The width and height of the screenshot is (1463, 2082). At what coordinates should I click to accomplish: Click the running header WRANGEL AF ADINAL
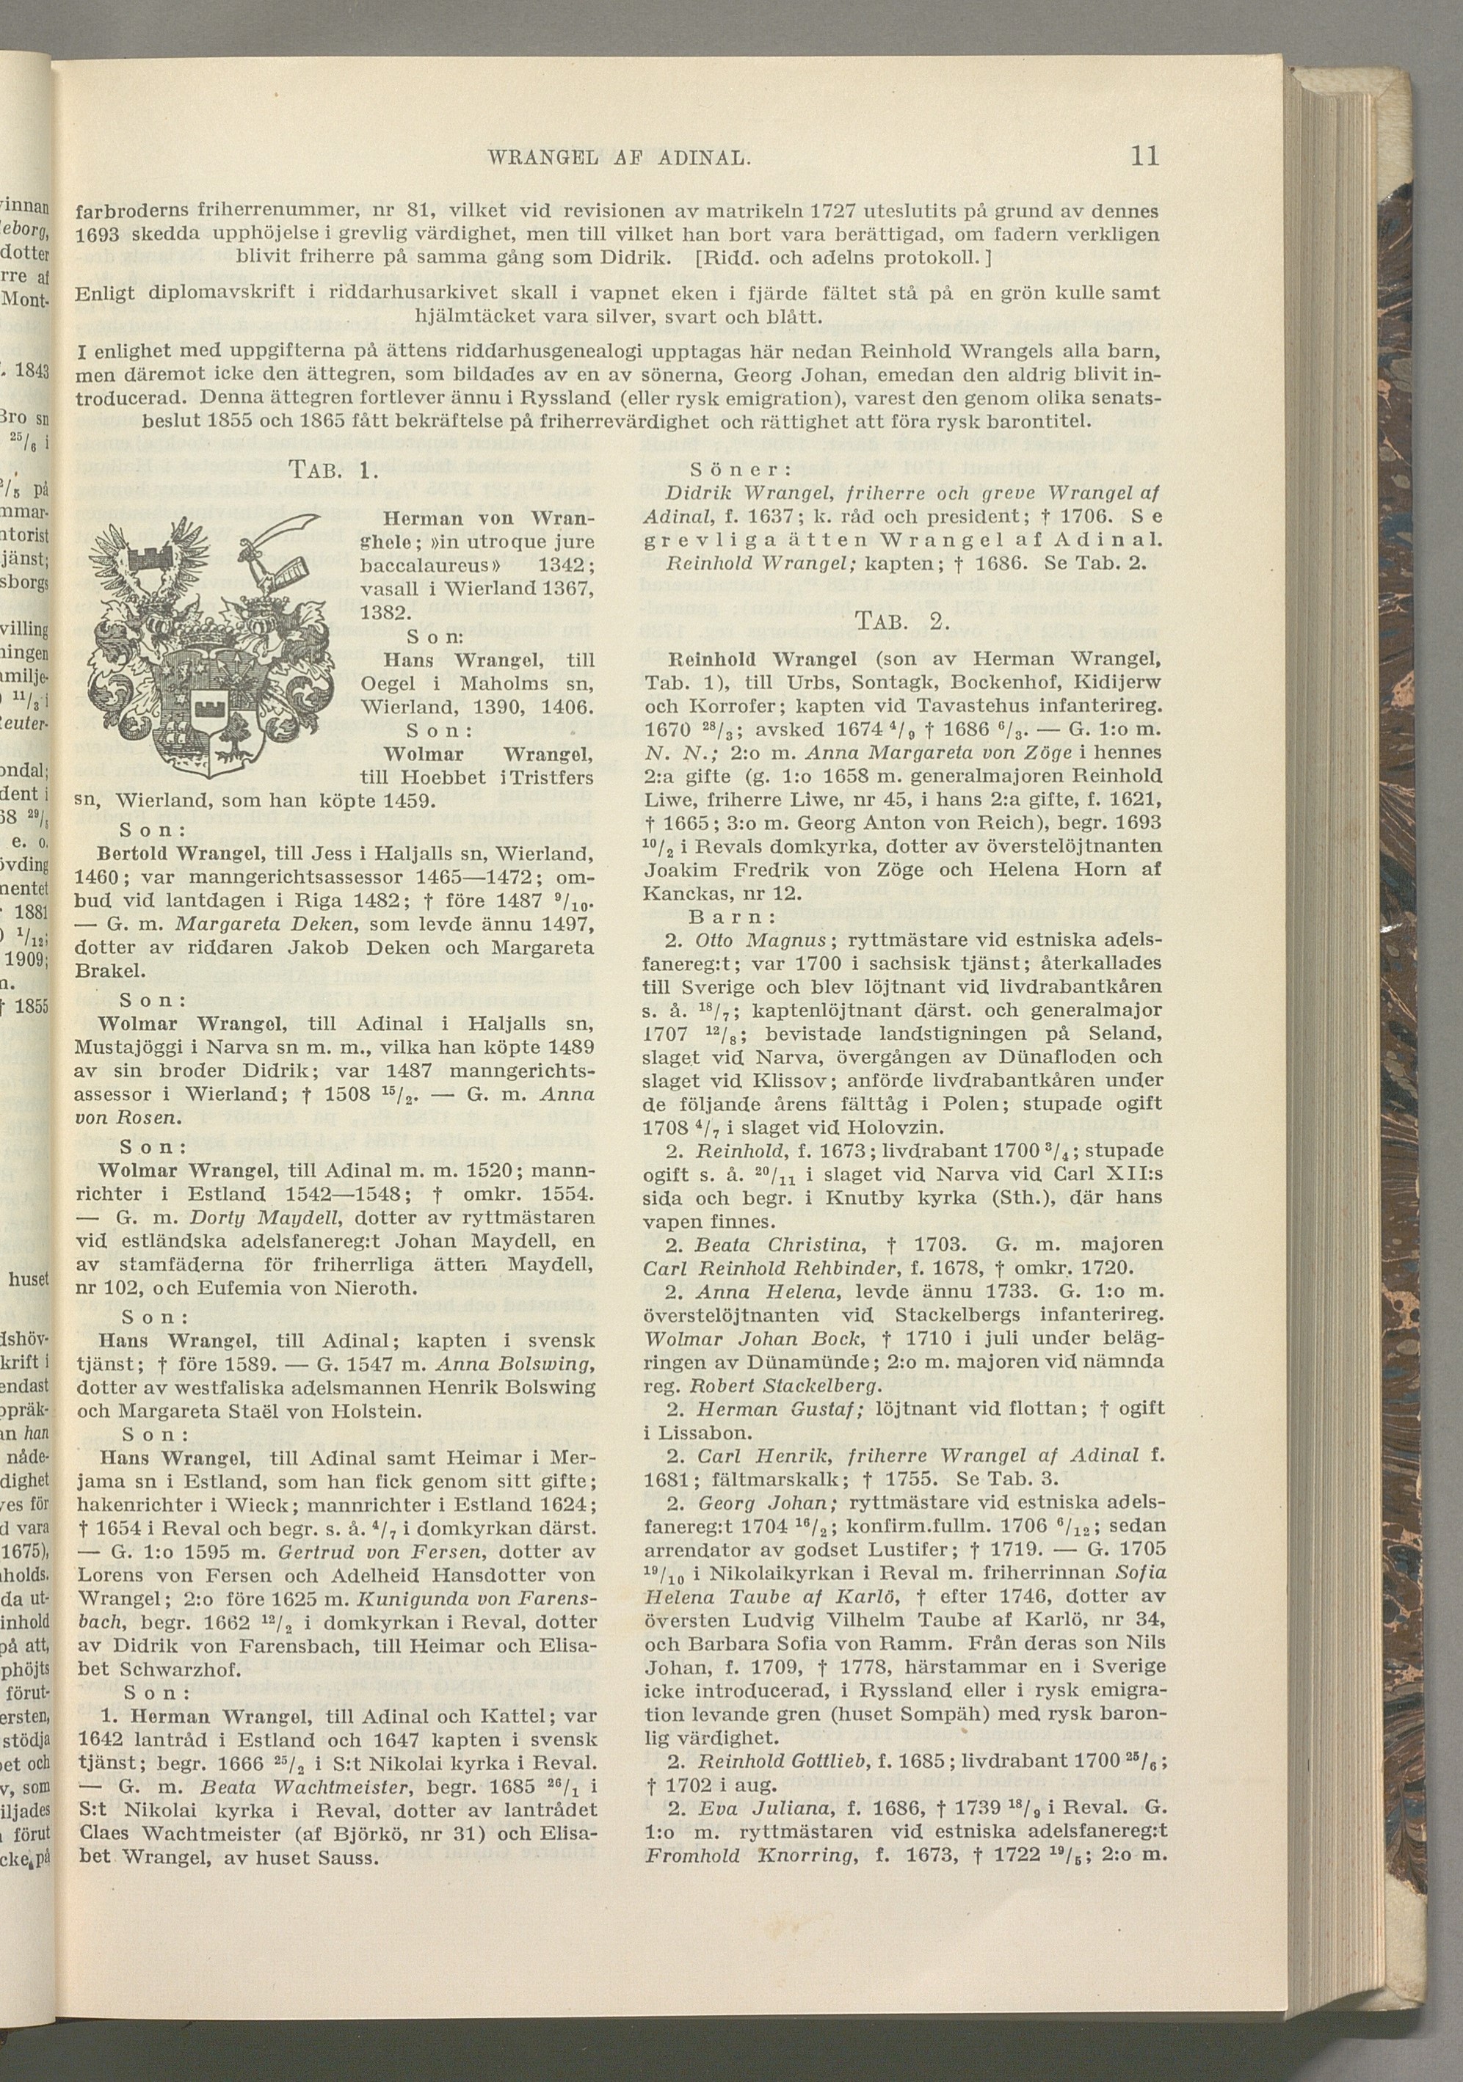pos(620,159)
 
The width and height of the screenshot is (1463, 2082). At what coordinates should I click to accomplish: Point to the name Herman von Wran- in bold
pos(489,519)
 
